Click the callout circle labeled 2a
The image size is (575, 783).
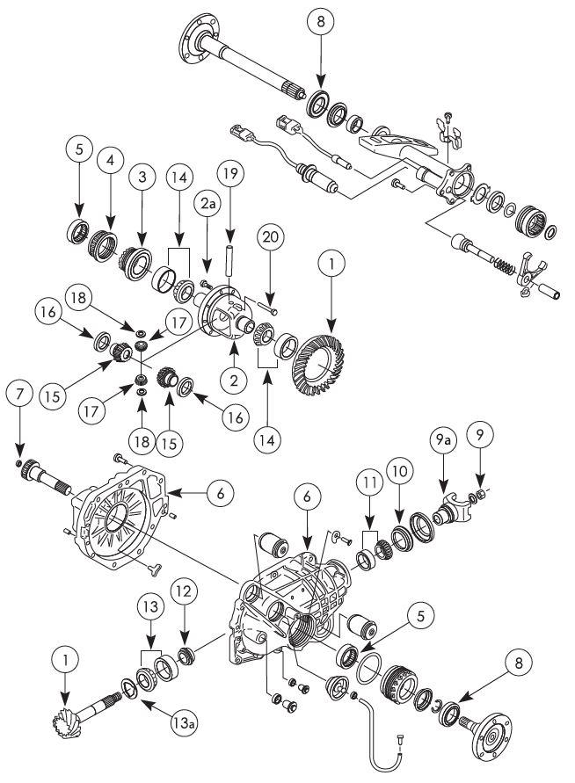click(207, 207)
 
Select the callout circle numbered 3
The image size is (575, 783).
click(142, 176)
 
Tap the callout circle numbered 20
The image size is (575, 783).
click(270, 237)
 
